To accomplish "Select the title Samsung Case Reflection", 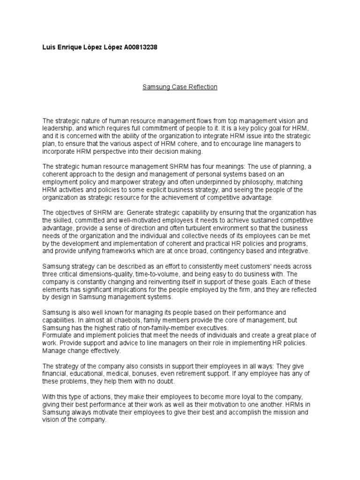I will point(180,87).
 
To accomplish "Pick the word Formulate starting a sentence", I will point(58,335).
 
